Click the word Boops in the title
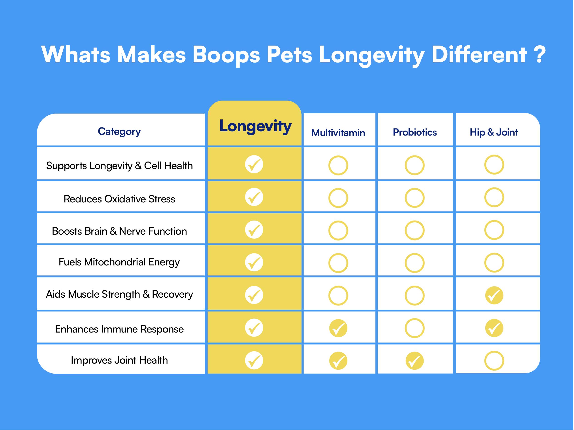tap(226, 55)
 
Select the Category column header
tap(119, 131)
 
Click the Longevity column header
tap(255, 126)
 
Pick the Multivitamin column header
tap(338, 133)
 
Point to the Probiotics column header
tap(415, 132)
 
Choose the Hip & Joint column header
tap(494, 132)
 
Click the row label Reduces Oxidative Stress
tap(119, 199)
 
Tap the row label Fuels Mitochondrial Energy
tap(119, 262)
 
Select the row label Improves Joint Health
tap(119, 360)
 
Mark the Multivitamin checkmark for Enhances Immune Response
tap(338, 328)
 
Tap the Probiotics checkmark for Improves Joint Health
tap(415, 361)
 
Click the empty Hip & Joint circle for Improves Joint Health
tap(494, 361)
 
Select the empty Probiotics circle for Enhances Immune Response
tap(415, 328)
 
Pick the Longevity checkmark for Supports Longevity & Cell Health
tap(254, 164)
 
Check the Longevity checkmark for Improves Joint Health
tap(254, 360)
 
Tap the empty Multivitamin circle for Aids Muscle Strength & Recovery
tap(338, 296)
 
